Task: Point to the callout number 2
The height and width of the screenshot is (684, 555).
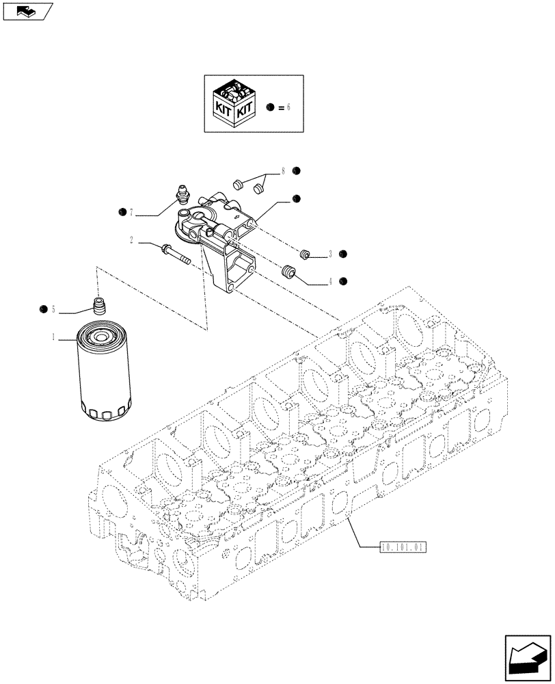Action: point(130,240)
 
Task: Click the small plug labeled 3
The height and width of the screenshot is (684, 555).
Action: point(305,254)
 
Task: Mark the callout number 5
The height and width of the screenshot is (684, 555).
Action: point(53,310)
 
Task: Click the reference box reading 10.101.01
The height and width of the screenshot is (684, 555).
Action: point(402,547)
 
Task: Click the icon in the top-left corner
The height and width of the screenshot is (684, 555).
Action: point(27,11)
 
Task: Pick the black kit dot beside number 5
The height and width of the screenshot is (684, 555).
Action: point(43,310)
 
